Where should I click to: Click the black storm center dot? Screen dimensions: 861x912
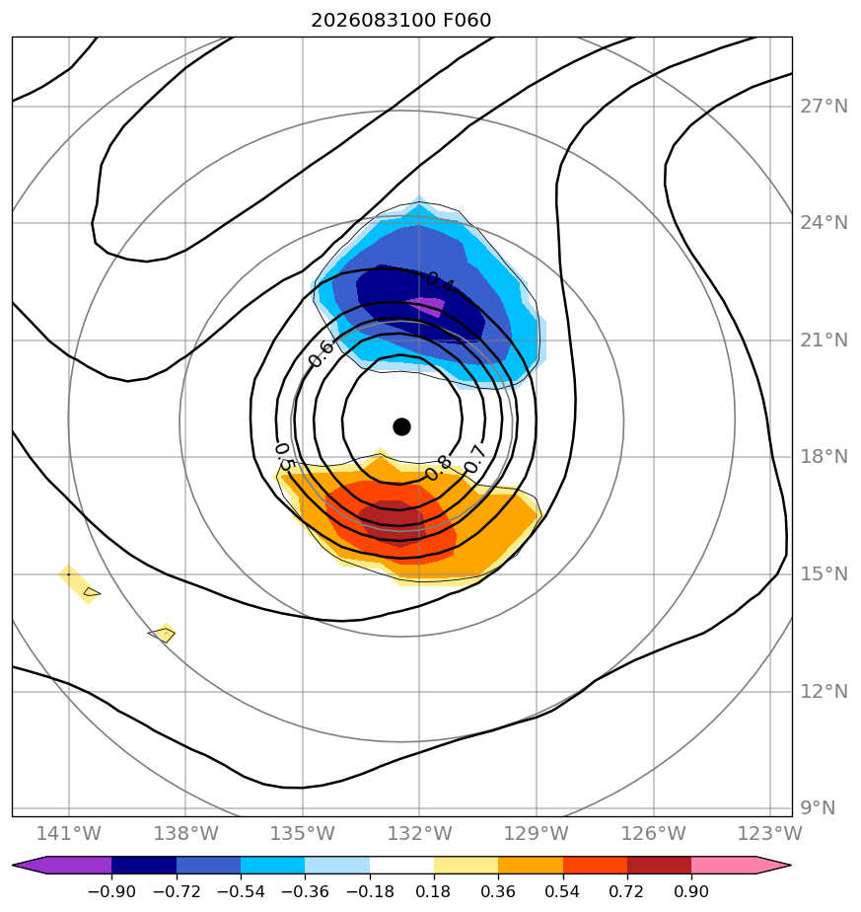point(401,427)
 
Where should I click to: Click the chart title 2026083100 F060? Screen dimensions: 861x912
point(401,21)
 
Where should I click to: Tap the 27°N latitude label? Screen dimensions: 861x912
point(824,107)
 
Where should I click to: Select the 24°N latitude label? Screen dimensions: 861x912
point(824,223)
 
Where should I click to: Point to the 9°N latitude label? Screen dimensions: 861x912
point(818,808)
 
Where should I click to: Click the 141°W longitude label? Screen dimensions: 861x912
point(69,833)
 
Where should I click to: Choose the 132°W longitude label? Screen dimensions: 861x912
point(420,833)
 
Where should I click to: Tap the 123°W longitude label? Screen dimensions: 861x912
point(769,833)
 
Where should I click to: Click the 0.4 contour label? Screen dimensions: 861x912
point(440,282)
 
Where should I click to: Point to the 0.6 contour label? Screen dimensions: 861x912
point(321,353)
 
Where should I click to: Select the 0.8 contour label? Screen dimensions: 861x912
point(438,468)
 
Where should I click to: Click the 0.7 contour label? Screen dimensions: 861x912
point(475,458)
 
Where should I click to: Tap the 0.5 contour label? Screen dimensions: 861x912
point(283,457)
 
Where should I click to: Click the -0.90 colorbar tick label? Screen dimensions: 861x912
point(111,891)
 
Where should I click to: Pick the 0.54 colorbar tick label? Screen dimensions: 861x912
point(563,891)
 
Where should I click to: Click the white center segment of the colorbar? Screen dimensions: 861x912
point(401,865)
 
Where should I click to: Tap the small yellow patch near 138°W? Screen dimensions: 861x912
point(165,634)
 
